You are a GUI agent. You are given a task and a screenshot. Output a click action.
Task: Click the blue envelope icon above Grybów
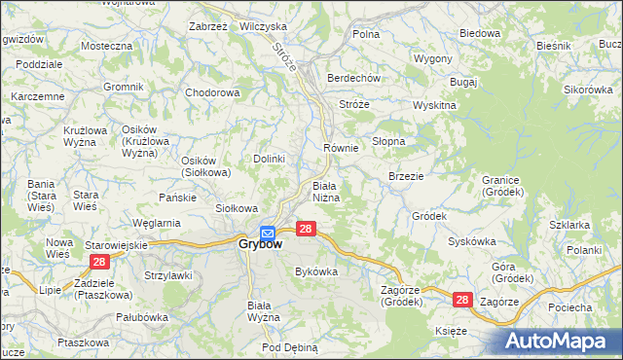(269, 231)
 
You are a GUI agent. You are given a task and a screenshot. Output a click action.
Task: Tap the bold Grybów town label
(260, 244)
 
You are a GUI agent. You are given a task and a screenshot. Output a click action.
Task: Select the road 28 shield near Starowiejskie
(98, 262)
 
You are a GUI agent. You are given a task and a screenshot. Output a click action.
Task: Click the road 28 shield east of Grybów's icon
(306, 229)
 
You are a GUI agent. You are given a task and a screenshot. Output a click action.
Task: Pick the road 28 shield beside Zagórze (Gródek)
(463, 302)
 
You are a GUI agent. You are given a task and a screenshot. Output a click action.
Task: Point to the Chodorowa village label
(212, 93)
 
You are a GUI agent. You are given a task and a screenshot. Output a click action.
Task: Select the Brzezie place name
(405, 176)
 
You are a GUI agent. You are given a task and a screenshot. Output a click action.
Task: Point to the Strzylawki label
(169, 275)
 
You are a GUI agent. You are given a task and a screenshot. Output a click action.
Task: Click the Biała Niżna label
(325, 191)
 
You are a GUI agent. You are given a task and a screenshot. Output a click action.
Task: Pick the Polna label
(366, 34)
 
